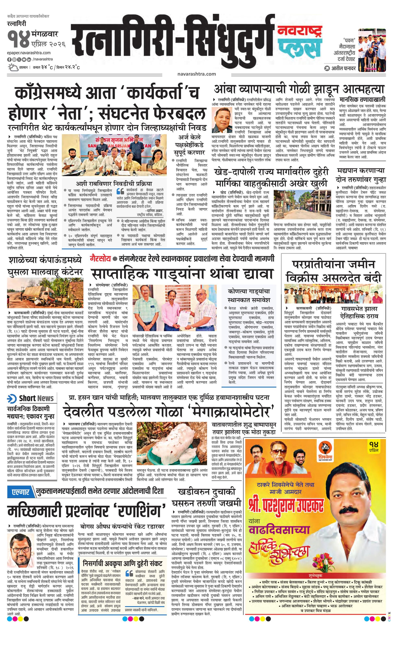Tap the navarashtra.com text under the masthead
pos(196,74)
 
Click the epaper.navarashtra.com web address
pos(29,53)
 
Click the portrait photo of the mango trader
pos(222,120)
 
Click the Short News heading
pos(36,398)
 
